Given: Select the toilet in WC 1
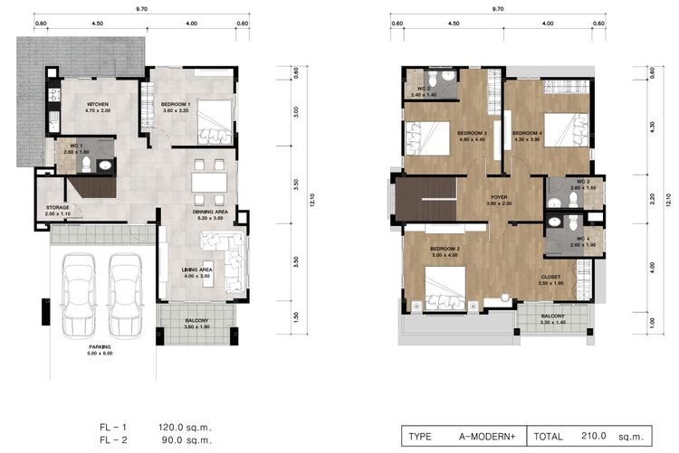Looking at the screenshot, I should (x=106, y=165).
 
